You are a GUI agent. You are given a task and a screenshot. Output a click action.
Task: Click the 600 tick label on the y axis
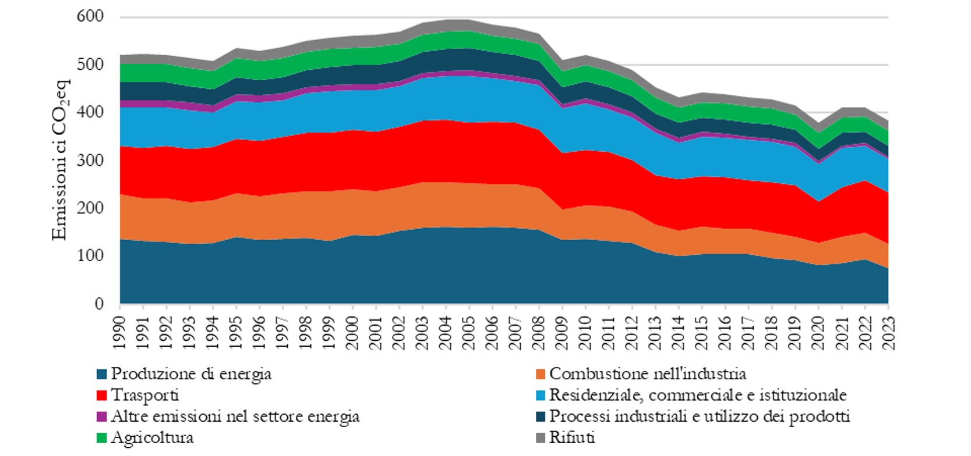click(x=90, y=16)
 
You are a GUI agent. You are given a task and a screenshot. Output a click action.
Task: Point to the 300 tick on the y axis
click(x=90, y=160)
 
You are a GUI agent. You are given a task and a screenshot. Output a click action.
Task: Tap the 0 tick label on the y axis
click(x=98, y=304)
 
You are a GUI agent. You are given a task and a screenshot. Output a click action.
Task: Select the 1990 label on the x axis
click(x=120, y=332)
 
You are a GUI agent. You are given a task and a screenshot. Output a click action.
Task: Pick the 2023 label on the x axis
click(x=888, y=332)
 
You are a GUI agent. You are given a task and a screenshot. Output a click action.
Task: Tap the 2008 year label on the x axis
click(x=539, y=332)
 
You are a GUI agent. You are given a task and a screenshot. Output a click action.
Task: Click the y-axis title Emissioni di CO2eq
click(x=61, y=160)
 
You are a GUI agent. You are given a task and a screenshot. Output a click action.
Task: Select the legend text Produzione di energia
click(x=191, y=373)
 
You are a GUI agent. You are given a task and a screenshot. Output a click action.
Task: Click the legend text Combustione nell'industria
click(x=647, y=373)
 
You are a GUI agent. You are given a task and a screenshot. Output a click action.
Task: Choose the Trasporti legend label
click(x=144, y=395)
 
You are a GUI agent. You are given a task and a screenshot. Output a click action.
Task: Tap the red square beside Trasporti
click(x=101, y=396)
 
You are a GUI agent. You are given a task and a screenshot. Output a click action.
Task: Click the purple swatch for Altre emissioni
click(x=101, y=417)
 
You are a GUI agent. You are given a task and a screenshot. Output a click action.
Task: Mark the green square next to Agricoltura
click(x=101, y=438)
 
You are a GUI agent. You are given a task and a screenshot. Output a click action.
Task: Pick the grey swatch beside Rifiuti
click(x=540, y=438)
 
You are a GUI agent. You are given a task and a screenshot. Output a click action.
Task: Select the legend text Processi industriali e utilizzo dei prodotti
click(x=699, y=416)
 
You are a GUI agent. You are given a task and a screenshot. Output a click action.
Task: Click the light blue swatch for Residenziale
click(x=540, y=396)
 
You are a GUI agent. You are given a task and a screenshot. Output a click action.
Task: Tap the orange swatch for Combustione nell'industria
click(x=540, y=374)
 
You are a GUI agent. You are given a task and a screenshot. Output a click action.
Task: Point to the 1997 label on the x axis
click(x=283, y=332)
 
